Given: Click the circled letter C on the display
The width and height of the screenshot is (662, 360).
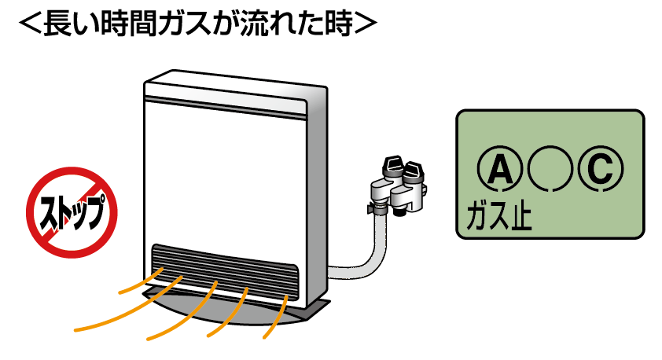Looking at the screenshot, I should coord(600,169).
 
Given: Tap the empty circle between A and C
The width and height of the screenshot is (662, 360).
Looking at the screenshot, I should coord(549,169).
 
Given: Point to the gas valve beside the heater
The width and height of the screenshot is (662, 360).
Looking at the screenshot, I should coord(399,184).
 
